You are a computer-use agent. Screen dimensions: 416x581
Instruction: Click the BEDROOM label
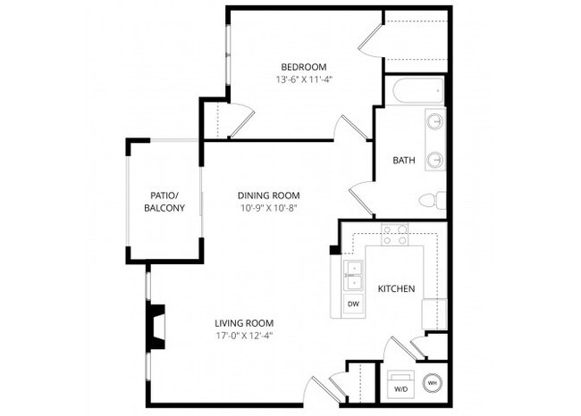click(303, 67)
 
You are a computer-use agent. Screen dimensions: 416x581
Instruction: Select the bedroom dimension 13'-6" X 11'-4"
click(303, 79)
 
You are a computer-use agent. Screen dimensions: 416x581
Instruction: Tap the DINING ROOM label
click(268, 196)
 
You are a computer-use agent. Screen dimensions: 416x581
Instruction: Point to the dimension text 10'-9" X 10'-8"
click(268, 208)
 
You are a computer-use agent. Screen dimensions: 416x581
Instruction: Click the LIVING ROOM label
click(243, 323)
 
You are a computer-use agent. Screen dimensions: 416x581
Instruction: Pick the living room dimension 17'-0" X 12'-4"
click(243, 336)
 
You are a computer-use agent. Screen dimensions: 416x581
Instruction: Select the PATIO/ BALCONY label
click(164, 202)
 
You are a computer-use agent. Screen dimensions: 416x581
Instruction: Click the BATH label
click(404, 161)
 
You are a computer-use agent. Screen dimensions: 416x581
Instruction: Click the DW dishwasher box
click(353, 304)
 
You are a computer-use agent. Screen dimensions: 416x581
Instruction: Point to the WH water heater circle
click(432, 383)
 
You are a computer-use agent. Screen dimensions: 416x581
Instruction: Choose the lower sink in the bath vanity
click(434, 159)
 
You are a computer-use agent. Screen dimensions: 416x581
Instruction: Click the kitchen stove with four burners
click(394, 235)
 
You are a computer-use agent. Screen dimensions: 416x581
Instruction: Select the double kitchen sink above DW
click(353, 275)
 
